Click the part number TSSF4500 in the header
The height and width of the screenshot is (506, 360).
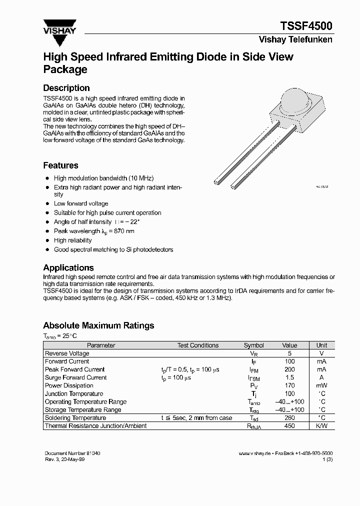tap(305, 26)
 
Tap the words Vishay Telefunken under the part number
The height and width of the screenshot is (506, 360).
tap(295, 39)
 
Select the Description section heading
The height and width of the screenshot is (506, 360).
tap(66, 88)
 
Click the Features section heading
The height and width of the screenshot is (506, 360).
tap(60, 165)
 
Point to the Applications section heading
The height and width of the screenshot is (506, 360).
tap(68, 267)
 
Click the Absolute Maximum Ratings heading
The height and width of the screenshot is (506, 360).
tap(98, 325)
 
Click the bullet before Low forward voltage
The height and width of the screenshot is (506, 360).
tap(47, 203)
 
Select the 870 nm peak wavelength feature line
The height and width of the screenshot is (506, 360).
tap(94, 231)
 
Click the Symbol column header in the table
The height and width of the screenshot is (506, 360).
tap(253, 345)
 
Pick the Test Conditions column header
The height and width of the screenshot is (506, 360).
tap(198, 345)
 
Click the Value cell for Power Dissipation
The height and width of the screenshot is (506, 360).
tap(289, 385)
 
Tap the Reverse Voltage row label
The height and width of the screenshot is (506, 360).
tap(67, 353)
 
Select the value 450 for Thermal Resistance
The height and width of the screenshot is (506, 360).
tap(289, 426)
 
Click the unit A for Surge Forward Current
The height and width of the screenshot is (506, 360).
tap(321, 377)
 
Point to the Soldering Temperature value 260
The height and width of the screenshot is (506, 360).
tap(289, 418)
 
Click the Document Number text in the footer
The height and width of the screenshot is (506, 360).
tap(72, 453)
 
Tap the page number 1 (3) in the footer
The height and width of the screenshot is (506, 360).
tap(328, 459)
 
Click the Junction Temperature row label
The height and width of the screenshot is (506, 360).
tap(74, 393)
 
